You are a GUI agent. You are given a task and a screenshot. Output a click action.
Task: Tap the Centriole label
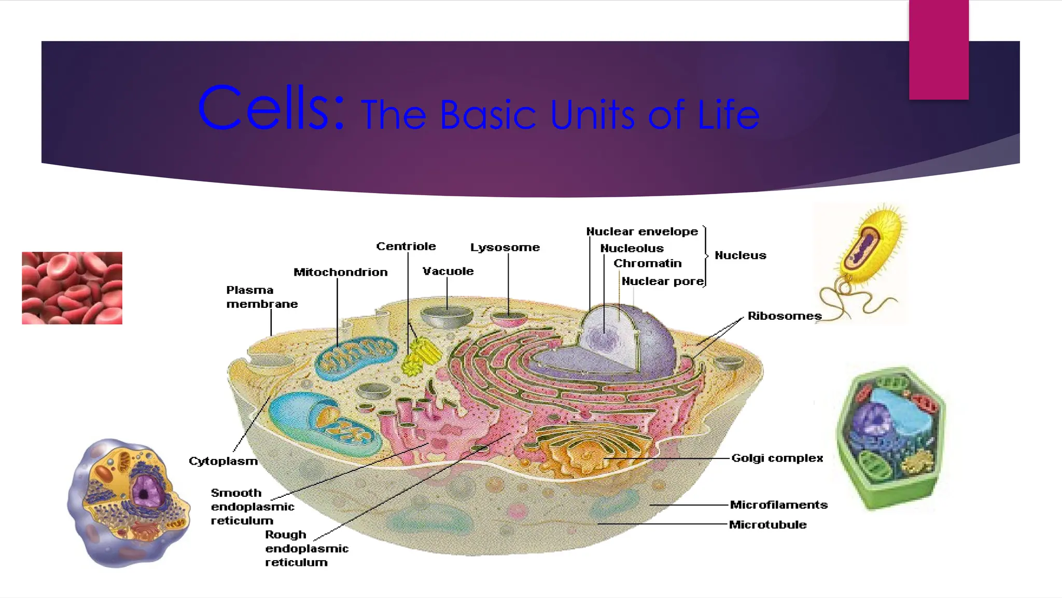pos(406,246)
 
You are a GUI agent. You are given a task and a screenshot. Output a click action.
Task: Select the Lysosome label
pos(505,247)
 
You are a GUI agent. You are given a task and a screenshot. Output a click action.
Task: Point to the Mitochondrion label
pos(340,272)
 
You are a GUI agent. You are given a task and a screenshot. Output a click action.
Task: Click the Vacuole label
pos(448,271)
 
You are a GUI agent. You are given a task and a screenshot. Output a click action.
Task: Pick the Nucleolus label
pos(632,248)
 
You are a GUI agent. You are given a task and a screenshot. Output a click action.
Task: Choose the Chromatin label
pos(647,263)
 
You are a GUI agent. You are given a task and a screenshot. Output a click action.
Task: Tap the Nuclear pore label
pos(662,281)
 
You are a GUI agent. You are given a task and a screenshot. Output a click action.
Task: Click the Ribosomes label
pos(784,316)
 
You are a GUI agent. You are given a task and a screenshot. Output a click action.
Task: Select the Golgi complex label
pos(777,458)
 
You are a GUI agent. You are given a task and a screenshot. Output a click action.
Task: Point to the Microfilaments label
pos(778,505)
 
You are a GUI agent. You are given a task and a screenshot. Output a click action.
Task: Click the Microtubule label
pos(767,524)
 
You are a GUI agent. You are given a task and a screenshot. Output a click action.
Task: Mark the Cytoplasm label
pos(223,461)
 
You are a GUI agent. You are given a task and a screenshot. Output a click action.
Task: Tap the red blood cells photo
pos(72,288)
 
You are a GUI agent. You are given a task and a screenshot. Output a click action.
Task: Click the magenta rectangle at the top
pos(939,49)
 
